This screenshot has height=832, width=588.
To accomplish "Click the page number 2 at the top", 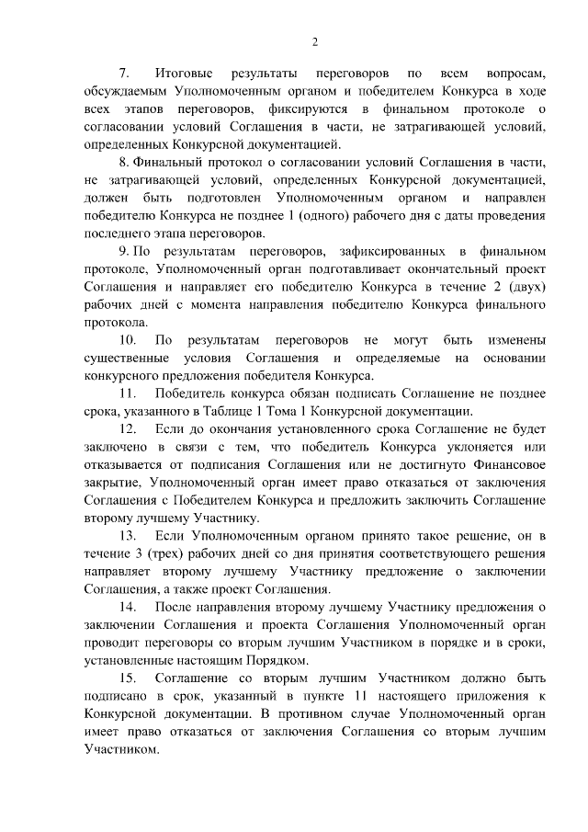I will (314, 41).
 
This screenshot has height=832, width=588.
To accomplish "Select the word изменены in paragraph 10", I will (516, 340).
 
